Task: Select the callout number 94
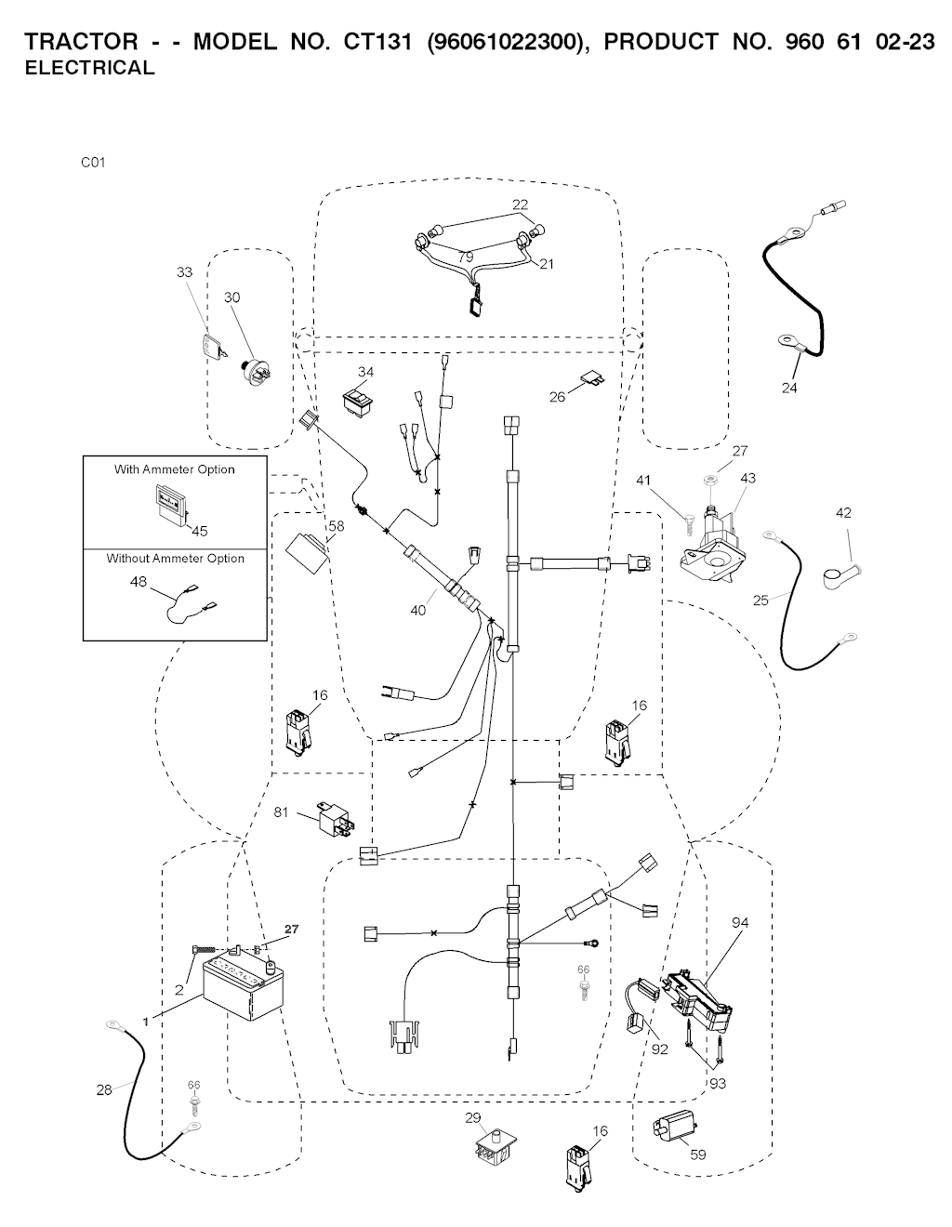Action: coord(740,922)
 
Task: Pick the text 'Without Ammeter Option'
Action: coord(175,559)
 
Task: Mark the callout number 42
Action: coord(843,512)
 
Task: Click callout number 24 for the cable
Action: coord(789,388)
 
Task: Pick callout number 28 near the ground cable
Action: coord(104,1089)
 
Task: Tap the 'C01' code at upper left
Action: coord(93,163)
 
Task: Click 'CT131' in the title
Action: coord(377,42)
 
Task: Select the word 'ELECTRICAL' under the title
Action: coord(89,68)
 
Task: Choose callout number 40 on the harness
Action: coord(418,611)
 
